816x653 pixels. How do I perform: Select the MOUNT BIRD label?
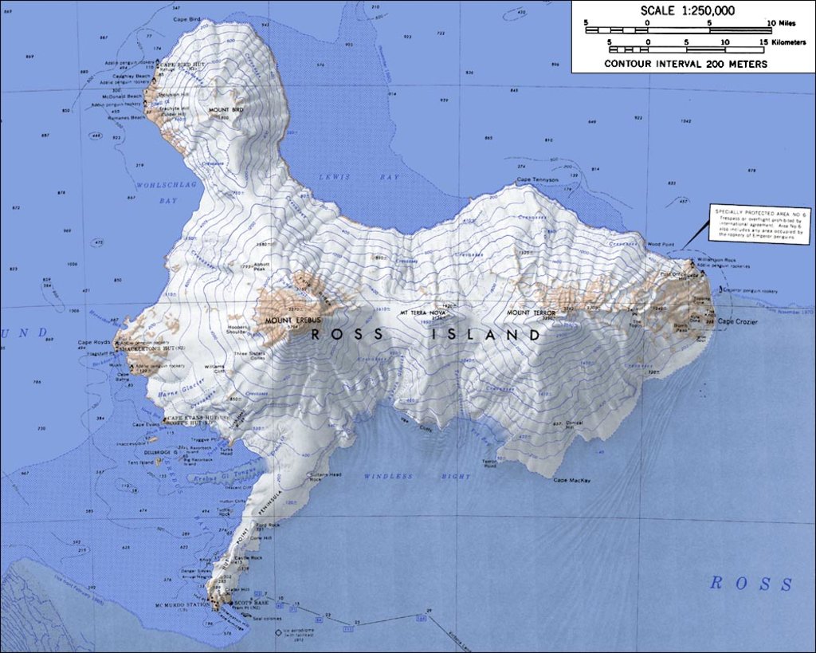(x=226, y=109)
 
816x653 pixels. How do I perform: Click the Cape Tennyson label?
(x=537, y=179)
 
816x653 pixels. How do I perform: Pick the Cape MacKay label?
(x=571, y=480)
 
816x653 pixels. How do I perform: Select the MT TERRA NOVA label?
(x=422, y=312)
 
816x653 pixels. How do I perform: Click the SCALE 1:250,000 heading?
(x=688, y=11)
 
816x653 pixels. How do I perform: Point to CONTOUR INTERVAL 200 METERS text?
(x=685, y=64)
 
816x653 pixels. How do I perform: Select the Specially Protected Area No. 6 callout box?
(x=759, y=224)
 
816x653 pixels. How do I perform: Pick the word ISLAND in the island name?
(x=486, y=335)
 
